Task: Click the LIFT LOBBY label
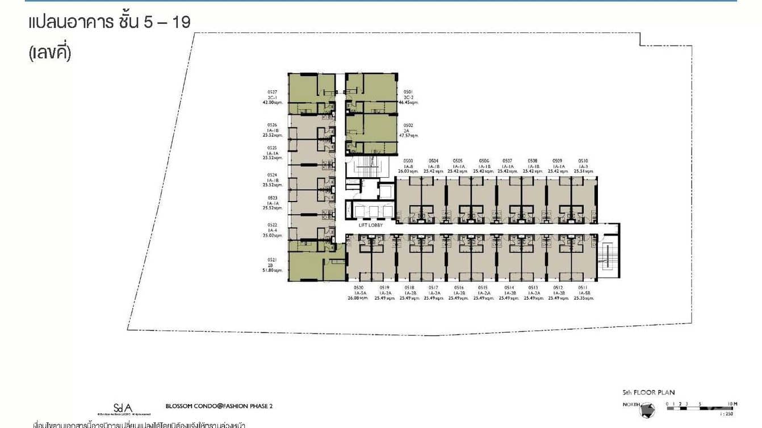[371, 225]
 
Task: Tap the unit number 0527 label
[272, 92]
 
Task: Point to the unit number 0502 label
[408, 125]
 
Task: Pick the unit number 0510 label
[583, 161]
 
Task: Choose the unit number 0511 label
[583, 288]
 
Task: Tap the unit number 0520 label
[358, 288]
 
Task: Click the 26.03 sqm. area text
[408, 171]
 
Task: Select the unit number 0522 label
[272, 225]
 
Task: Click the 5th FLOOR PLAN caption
[648, 392]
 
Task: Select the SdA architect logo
[123, 407]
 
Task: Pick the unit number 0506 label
[484, 161]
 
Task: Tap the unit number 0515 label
[483, 288]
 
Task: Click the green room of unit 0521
[305, 266]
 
